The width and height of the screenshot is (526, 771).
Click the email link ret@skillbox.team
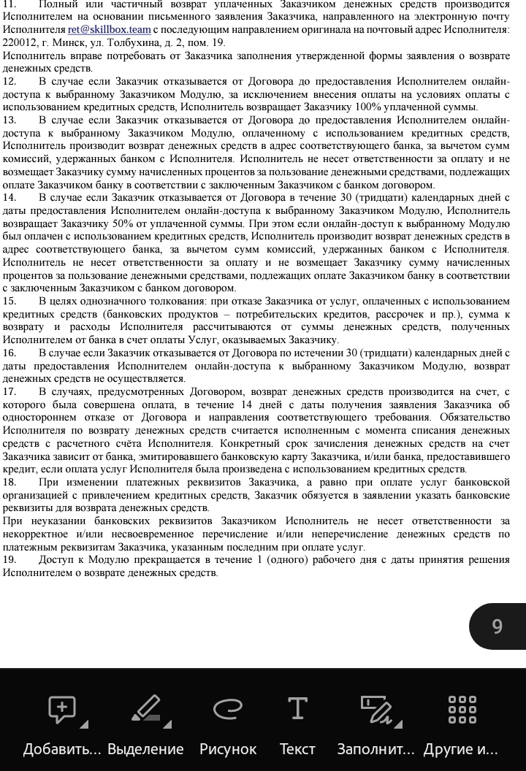click(109, 29)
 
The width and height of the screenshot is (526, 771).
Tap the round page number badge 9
click(498, 626)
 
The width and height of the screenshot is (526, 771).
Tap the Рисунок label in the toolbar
click(228, 749)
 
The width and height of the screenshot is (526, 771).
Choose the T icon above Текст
click(297, 707)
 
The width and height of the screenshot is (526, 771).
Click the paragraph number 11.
click(9, 4)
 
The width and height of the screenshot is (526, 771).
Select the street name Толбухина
click(140, 42)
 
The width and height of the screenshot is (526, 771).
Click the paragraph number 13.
click(9, 120)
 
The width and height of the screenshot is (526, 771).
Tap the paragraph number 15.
click(9, 301)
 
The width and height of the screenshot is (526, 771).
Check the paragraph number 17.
click(9, 391)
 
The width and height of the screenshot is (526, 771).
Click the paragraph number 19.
click(9, 559)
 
